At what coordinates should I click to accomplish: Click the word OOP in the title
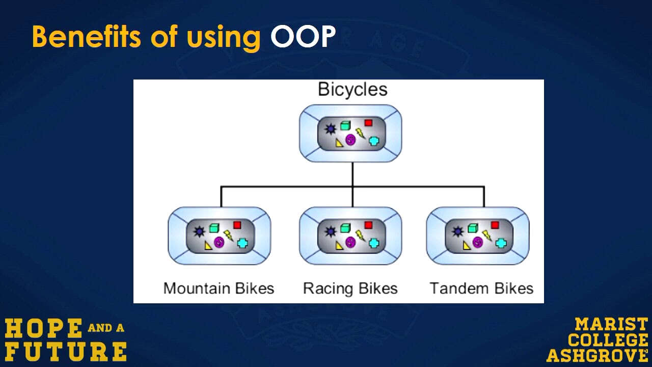click(303, 36)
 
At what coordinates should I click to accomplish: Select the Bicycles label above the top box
click(352, 89)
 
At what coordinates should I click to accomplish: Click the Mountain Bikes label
click(219, 289)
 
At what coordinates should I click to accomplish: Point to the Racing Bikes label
click(350, 289)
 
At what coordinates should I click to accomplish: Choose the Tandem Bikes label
click(481, 289)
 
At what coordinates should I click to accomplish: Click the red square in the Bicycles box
click(368, 123)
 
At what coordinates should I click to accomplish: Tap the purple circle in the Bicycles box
click(350, 140)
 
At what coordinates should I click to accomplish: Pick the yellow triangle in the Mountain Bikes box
click(208, 246)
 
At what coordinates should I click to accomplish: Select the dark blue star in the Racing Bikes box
click(331, 231)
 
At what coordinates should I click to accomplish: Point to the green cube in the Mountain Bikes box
click(214, 228)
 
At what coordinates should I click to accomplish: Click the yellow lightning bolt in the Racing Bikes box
click(360, 235)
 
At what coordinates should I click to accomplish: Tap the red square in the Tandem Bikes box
click(495, 225)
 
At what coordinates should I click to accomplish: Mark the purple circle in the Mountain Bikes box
click(219, 242)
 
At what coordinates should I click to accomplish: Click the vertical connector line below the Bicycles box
click(352, 174)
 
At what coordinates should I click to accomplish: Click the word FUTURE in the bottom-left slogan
click(66, 352)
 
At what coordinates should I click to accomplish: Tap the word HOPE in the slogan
click(44, 328)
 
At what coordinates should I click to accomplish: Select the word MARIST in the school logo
click(611, 325)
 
